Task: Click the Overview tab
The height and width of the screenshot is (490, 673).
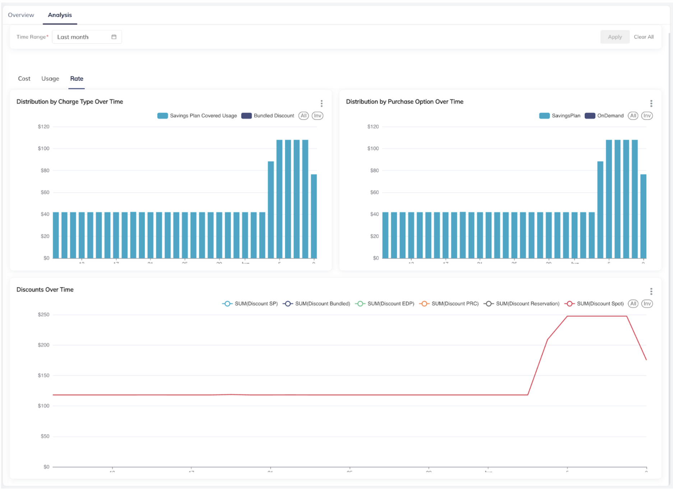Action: coord(21,15)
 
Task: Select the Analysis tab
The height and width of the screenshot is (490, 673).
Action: coord(60,15)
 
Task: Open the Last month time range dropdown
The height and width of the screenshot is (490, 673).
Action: coord(87,37)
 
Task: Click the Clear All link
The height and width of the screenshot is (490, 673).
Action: coord(644,37)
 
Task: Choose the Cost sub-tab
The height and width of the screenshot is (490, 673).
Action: coord(24,79)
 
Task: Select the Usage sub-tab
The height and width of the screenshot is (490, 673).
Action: coord(50,79)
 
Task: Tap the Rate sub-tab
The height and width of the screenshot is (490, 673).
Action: coord(76,79)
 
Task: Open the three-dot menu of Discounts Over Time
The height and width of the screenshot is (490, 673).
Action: coord(651,291)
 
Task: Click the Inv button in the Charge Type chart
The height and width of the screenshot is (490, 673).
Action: coord(317,116)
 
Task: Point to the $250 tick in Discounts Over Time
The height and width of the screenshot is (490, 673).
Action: coord(43,315)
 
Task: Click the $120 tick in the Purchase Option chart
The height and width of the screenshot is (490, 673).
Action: coord(373,127)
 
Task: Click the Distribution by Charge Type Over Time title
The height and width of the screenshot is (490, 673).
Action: coord(70,102)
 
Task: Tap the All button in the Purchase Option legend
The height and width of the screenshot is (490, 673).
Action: coord(633,116)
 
